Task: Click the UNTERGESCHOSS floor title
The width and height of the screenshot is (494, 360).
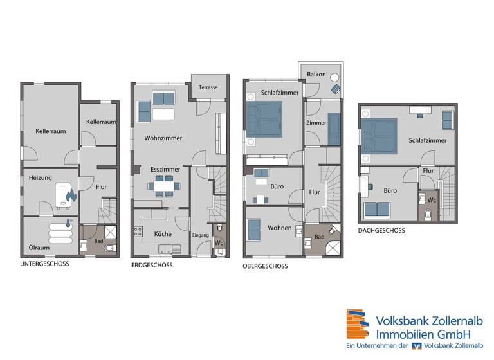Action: click(x=44, y=264)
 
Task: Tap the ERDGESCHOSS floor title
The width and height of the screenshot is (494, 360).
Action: click(x=152, y=265)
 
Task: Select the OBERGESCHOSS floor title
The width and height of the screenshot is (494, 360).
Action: click(x=265, y=266)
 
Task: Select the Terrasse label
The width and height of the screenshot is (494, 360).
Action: click(x=208, y=87)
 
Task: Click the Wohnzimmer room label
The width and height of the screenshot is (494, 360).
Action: click(x=163, y=138)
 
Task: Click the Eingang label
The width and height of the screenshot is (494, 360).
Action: click(x=201, y=235)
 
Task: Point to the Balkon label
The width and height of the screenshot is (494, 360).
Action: click(x=316, y=75)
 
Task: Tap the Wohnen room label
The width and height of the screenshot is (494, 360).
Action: click(x=280, y=228)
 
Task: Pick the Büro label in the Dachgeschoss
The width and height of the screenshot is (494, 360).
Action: click(x=390, y=191)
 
